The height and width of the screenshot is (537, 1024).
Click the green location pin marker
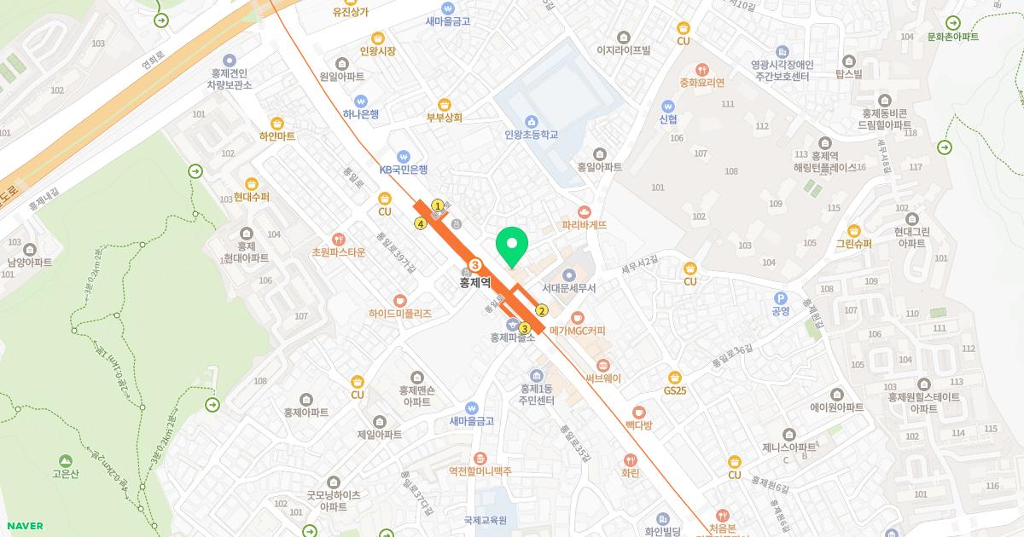511,247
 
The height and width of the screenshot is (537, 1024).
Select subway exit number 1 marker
438,205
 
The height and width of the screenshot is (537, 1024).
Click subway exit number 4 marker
420,223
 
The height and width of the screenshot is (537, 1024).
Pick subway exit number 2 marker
541,310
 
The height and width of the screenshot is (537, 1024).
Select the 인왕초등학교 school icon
531,120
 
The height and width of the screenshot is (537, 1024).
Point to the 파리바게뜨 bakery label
584,225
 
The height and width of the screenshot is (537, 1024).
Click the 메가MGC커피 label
577,331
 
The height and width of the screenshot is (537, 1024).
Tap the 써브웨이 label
602,378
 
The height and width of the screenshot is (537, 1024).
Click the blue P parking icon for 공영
779,297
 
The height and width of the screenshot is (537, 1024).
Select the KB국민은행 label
404,170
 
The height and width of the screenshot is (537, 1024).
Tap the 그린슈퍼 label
854,244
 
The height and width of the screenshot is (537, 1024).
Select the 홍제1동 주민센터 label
538,395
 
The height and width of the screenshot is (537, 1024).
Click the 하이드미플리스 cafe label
400,314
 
